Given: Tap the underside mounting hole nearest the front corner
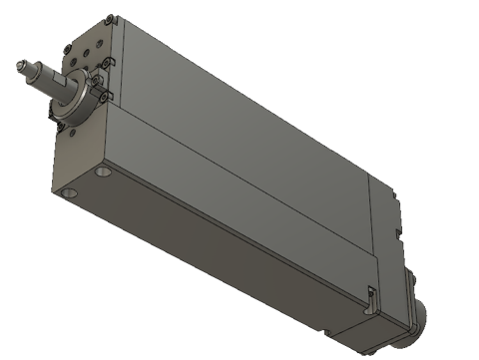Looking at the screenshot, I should [68, 190].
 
